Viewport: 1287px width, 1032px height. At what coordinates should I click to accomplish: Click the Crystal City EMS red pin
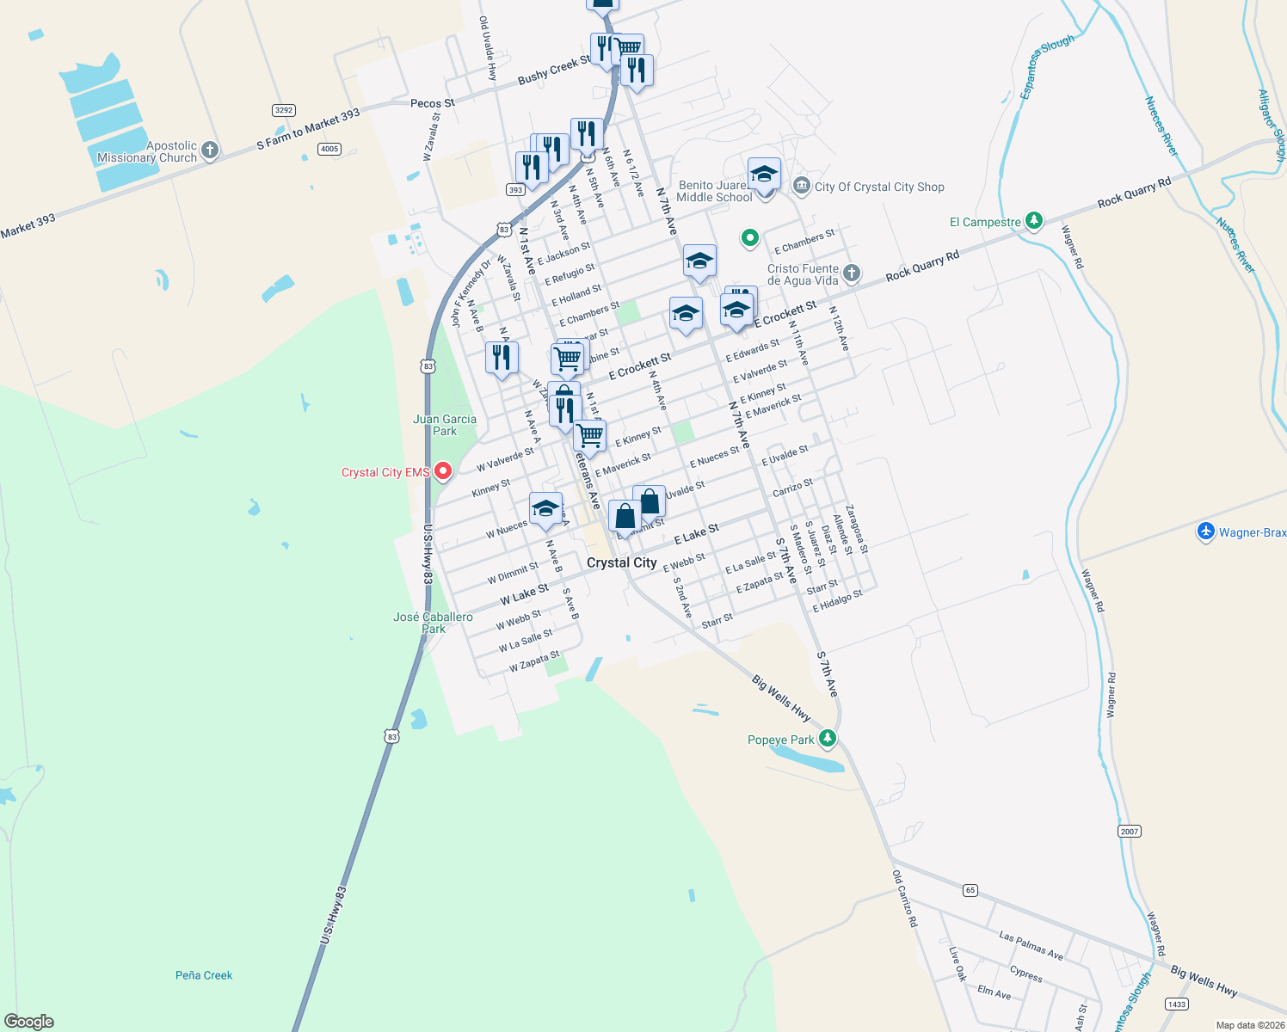click(443, 471)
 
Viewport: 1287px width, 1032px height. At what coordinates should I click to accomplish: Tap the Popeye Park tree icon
click(827, 738)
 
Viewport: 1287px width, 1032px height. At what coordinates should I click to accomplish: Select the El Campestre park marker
click(1034, 221)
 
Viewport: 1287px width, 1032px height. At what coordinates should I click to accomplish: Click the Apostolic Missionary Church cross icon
click(209, 150)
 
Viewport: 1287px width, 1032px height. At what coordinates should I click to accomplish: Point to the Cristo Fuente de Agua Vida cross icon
click(851, 273)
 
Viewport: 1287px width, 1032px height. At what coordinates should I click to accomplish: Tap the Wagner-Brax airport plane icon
click(1206, 531)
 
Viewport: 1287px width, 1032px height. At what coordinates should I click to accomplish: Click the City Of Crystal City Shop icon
click(802, 186)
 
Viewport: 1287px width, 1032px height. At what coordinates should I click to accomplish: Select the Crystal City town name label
click(621, 562)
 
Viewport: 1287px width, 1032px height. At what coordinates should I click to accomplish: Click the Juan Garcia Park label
click(445, 425)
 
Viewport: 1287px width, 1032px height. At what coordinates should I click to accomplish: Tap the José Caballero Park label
click(433, 623)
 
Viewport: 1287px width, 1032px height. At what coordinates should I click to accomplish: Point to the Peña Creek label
click(204, 975)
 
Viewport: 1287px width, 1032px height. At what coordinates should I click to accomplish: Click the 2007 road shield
click(1130, 831)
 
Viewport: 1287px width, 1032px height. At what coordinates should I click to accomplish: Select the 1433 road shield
click(1177, 1004)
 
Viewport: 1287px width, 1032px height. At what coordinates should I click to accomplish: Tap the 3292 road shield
click(284, 110)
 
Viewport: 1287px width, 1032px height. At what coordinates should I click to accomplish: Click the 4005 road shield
click(329, 149)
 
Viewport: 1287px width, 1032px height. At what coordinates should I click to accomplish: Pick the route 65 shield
click(970, 890)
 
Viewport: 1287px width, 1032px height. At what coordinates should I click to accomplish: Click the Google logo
click(28, 1022)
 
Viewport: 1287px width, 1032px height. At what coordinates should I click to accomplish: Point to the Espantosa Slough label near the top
click(1046, 67)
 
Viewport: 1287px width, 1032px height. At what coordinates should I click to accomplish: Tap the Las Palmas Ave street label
click(1031, 944)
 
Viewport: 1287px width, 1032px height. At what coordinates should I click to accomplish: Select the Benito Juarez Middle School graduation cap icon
click(764, 175)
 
